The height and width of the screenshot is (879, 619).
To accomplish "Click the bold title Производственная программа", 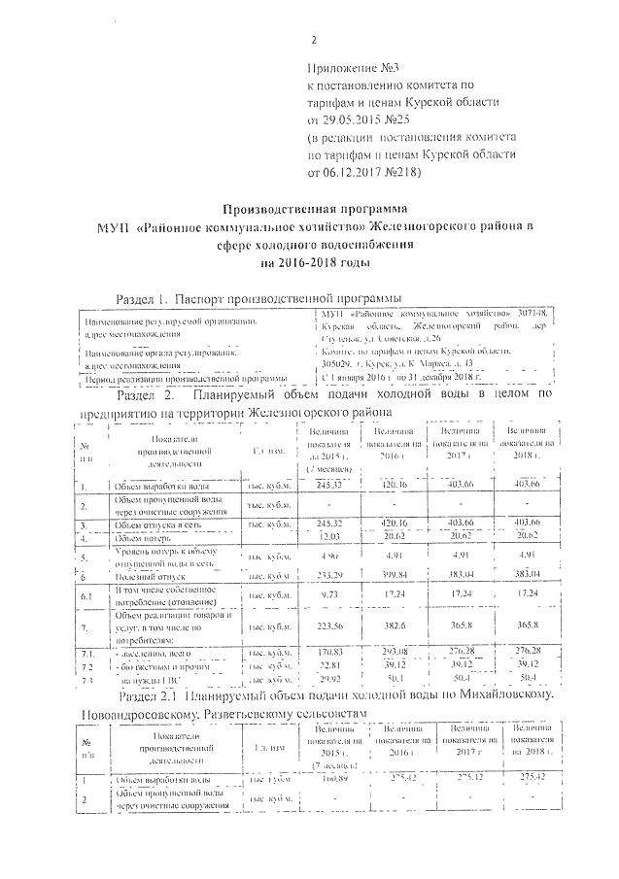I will click(x=314, y=209).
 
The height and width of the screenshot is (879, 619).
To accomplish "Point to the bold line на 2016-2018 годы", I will click(x=314, y=262).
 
